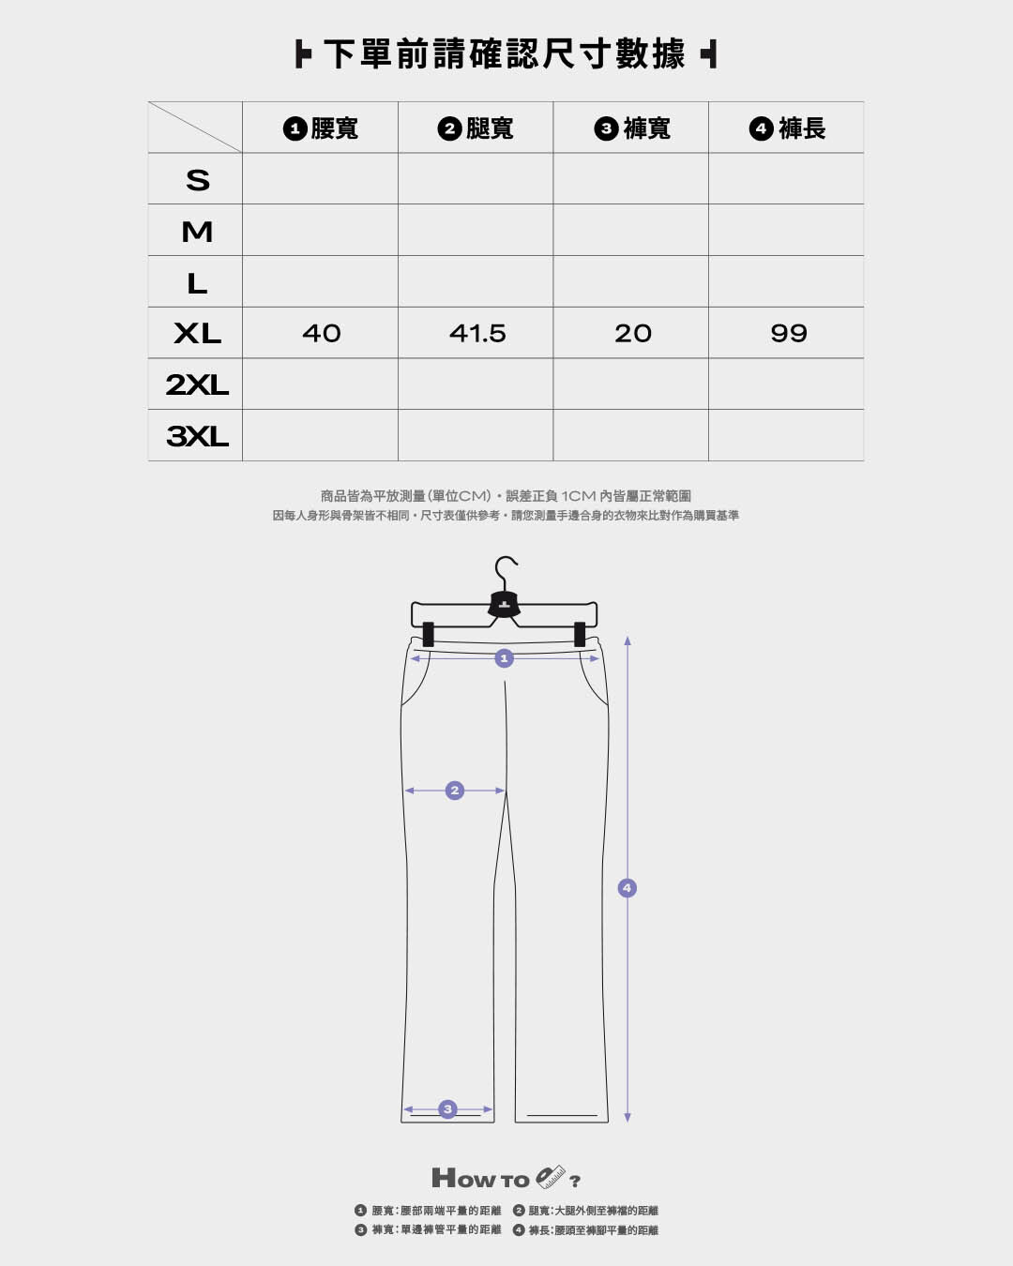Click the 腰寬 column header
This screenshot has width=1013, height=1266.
click(x=321, y=128)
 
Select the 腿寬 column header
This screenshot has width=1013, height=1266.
click(x=476, y=128)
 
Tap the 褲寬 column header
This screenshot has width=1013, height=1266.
click(x=632, y=128)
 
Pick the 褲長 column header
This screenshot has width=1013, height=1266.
click(x=788, y=128)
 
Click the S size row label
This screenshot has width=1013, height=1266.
click(x=198, y=180)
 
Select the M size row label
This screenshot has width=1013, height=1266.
click(x=197, y=232)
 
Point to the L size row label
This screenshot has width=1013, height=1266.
click(x=197, y=283)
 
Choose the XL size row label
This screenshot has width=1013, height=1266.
click(x=198, y=334)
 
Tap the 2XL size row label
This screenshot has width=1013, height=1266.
click(x=197, y=384)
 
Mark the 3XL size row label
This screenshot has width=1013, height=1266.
click(x=197, y=436)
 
